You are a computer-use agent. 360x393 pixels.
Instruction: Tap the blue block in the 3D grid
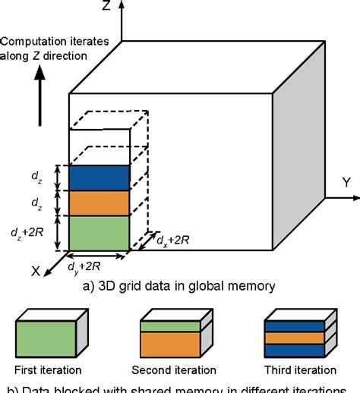[99, 177]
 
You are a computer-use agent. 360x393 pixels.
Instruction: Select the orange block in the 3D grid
[99, 202]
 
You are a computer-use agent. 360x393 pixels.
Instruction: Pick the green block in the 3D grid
[99, 232]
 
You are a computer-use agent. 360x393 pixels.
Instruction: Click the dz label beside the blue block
[36, 178]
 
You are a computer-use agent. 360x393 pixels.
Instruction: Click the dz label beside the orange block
[36, 203]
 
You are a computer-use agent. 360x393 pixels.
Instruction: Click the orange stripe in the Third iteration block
[294, 337]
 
